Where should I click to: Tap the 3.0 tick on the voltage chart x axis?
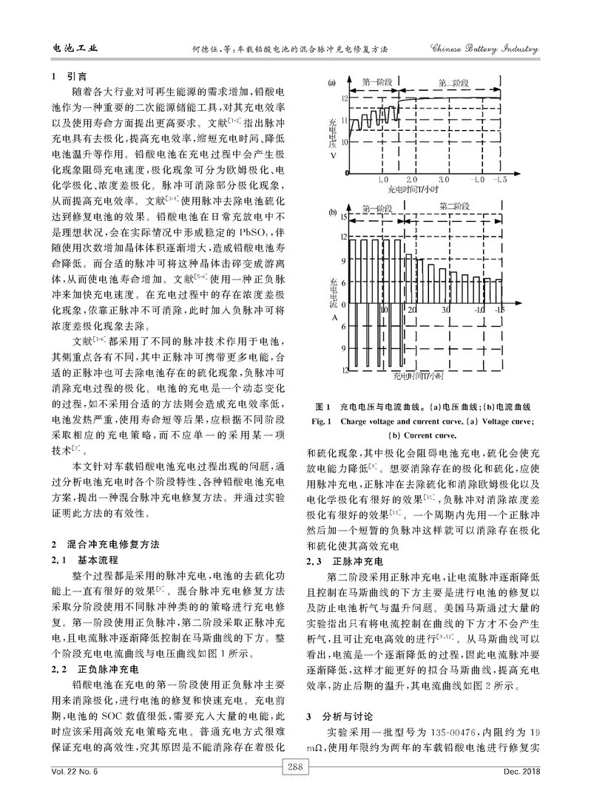pos(444,179)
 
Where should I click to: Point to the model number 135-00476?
pos(458,733)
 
